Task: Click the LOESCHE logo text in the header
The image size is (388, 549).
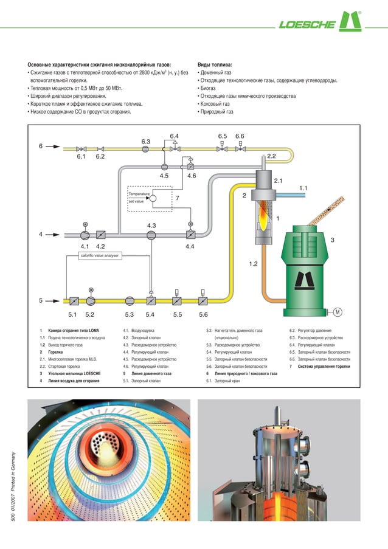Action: click(307, 25)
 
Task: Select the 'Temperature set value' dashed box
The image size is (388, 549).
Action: click(150, 197)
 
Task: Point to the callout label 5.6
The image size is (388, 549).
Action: click(203, 314)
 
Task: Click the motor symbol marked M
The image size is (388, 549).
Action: click(336, 312)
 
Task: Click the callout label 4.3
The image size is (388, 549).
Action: click(151, 226)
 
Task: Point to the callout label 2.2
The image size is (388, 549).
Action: click(271, 156)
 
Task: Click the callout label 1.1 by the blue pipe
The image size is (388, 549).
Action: click(304, 188)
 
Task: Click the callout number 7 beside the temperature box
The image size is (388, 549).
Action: click(177, 198)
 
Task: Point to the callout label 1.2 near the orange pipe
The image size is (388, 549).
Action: click(254, 264)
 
